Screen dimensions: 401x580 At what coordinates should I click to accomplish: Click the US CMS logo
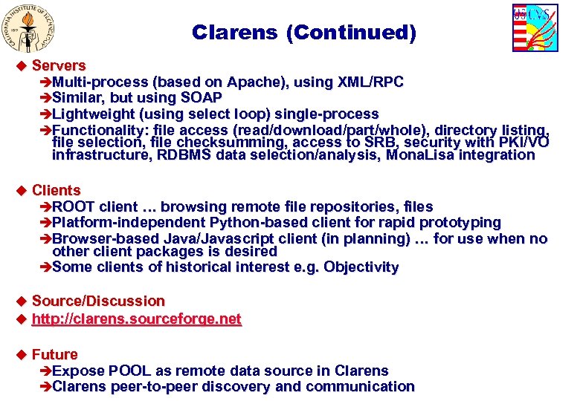[535, 27]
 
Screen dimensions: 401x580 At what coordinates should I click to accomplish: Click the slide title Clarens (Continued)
[304, 33]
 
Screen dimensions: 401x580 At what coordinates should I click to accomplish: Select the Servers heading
[59, 65]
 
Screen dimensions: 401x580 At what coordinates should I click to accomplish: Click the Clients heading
[57, 191]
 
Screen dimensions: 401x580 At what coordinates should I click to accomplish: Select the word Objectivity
[361, 267]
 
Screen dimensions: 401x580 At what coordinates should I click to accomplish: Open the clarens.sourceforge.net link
[137, 319]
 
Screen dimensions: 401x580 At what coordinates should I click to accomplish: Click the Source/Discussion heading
[98, 301]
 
